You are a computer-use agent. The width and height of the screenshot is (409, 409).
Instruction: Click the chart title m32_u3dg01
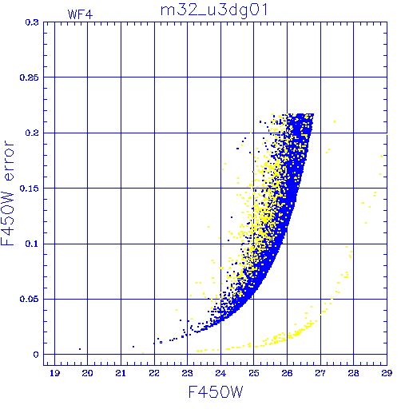tap(214, 11)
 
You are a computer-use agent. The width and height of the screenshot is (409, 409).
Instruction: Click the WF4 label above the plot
tap(80, 14)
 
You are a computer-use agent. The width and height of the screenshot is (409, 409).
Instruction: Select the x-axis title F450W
tap(216, 392)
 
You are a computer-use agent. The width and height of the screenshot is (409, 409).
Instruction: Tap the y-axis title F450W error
tap(7, 193)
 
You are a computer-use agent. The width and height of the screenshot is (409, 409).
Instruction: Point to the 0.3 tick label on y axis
tap(32, 22)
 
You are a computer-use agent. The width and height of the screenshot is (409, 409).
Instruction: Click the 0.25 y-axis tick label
tap(30, 77)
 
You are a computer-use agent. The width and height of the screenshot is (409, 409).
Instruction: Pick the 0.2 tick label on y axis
tap(32, 133)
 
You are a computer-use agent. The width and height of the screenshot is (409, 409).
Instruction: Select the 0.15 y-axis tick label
tap(30, 189)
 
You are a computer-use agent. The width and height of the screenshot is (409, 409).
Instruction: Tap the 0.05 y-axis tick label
tap(30, 299)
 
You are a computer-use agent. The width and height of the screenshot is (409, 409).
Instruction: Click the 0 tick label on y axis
tap(36, 355)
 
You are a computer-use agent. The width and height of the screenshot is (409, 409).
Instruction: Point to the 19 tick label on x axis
tap(54, 373)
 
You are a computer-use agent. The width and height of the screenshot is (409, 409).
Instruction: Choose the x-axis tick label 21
tap(121, 373)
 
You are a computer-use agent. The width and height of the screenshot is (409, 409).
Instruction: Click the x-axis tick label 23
tap(187, 373)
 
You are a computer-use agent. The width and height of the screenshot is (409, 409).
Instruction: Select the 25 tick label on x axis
tap(254, 373)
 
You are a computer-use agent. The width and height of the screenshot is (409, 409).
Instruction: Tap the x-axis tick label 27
tap(320, 373)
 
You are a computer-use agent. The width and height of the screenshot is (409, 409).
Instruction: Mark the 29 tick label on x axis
tap(387, 373)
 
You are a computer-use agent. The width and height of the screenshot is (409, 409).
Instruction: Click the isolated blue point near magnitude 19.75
tap(80, 349)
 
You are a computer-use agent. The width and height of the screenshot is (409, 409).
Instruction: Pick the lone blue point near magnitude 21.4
tap(133, 347)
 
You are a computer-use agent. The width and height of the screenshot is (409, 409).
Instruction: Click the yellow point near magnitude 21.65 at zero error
tap(143, 353)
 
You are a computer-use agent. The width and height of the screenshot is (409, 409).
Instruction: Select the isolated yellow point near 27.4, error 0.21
tap(335, 122)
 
